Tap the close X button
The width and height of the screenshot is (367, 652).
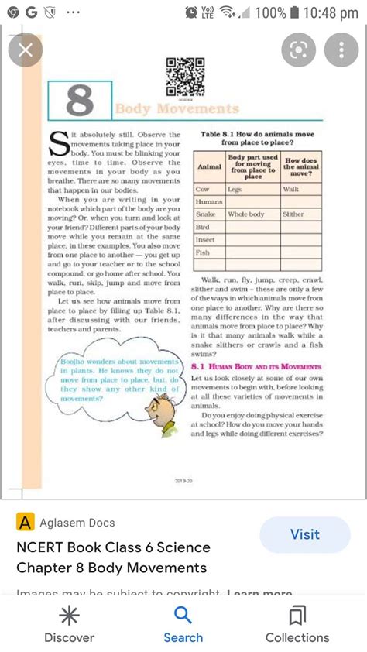[25, 51]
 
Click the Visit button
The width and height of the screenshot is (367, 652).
[304, 534]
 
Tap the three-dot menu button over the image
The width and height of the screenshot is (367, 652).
[341, 51]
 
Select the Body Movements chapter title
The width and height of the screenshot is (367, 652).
[177, 109]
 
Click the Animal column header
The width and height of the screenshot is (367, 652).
[209, 166]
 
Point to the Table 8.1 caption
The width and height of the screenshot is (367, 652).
[256, 139]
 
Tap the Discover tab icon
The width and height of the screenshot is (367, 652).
[69, 616]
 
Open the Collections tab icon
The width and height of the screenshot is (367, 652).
[297, 616]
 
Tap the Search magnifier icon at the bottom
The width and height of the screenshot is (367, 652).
[183, 616]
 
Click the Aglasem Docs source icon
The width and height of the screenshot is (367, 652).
[26, 523]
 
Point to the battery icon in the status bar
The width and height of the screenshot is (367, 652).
[294, 13]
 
